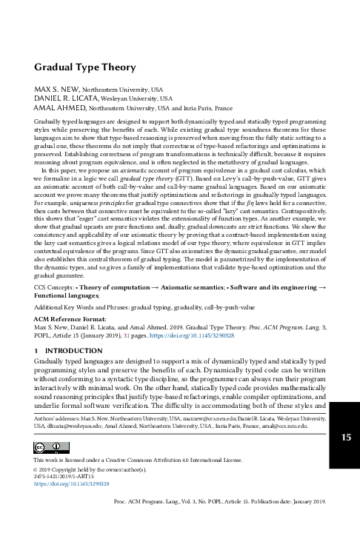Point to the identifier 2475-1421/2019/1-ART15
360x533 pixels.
66,476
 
